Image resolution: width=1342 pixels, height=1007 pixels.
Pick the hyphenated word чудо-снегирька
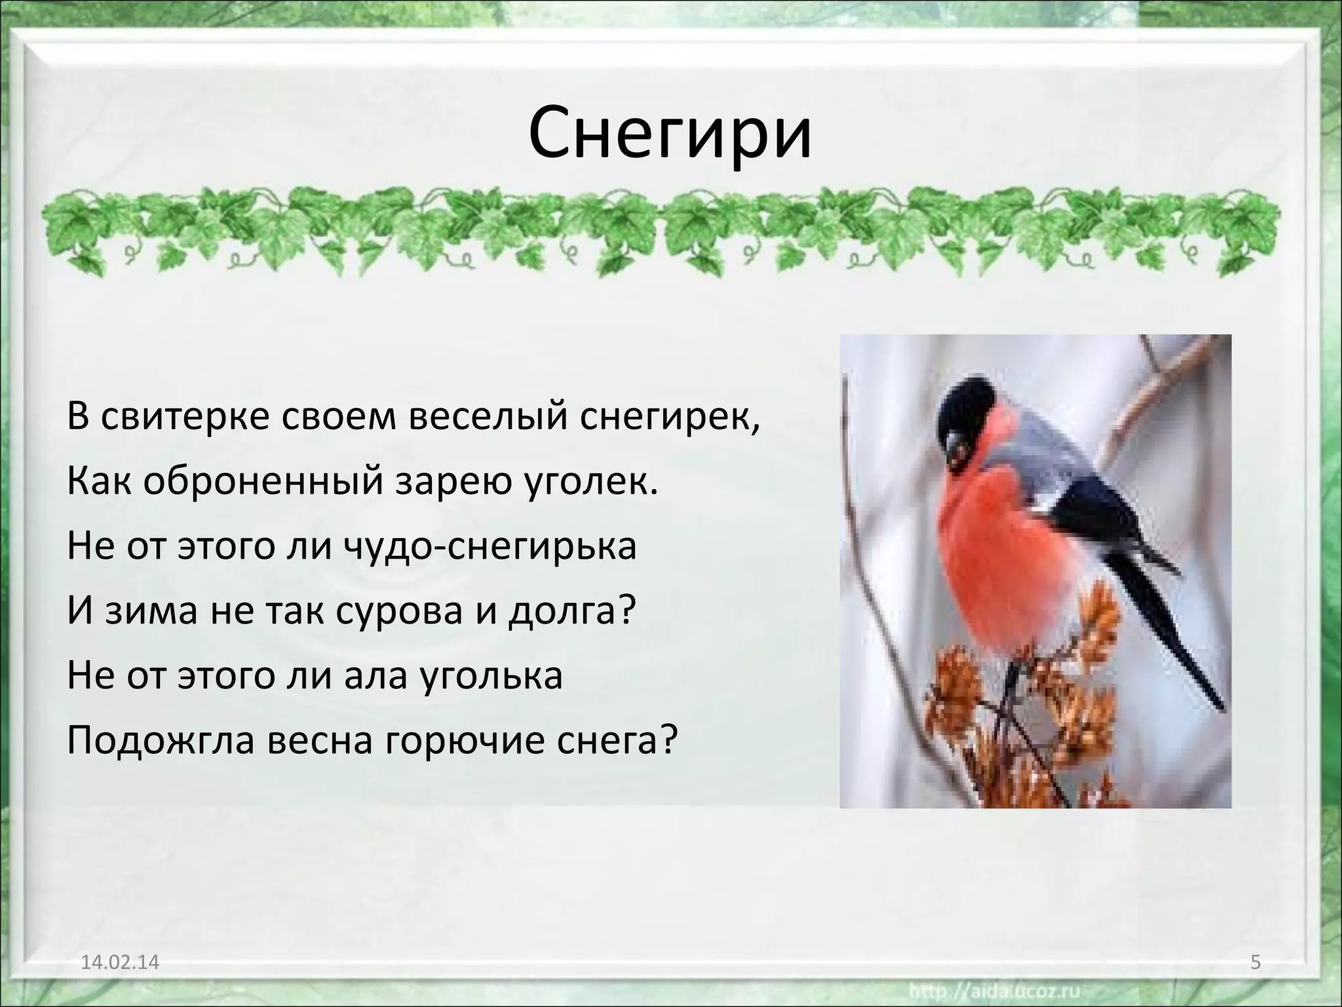pyautogui.click(x=490, y=546)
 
